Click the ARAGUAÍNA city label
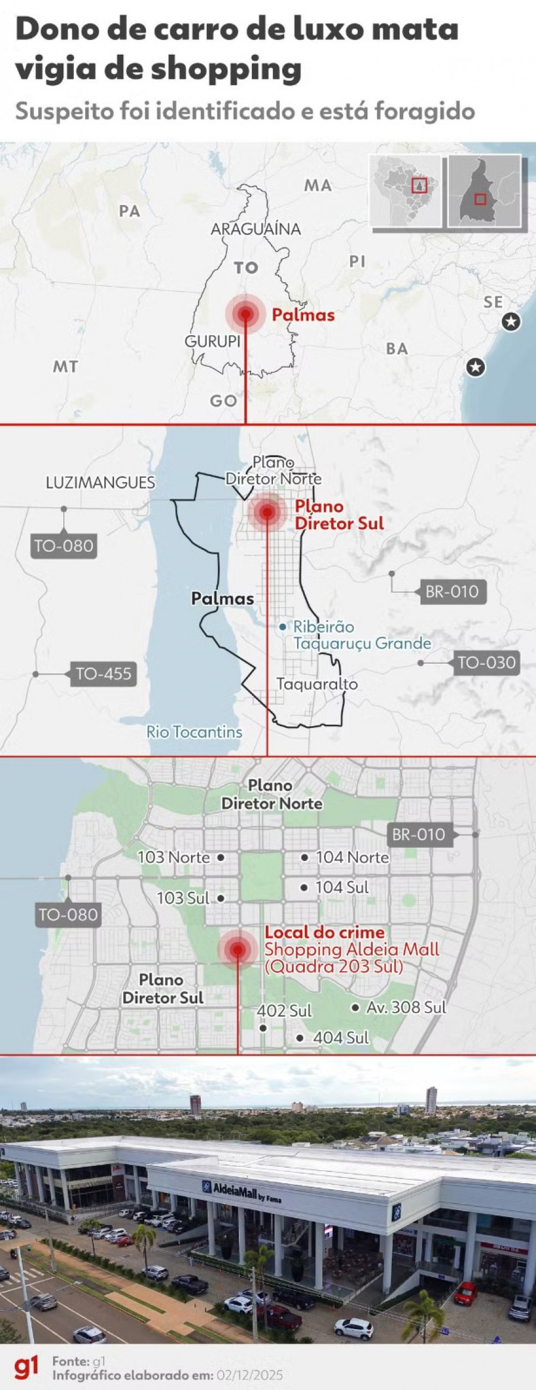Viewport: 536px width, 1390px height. [x=255, y=229]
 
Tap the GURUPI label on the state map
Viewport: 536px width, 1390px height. [x=212, y=341]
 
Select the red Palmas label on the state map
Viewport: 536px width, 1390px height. [x=303, y=315]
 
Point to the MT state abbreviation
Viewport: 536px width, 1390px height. [x=66, y=366]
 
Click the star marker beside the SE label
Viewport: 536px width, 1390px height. [x=510, y=322]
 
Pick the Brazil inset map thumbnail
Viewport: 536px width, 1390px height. [x=406, y=191]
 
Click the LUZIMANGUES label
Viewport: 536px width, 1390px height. [x=100, y=483]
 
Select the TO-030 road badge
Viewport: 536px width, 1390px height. [x=486, y=663]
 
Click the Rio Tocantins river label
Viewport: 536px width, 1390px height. [x=194, y=732]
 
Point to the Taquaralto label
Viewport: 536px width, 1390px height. [x=317, y=684]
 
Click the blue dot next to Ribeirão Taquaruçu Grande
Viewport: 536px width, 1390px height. [x=283, y=627]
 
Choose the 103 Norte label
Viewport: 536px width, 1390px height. [x=173, y=857]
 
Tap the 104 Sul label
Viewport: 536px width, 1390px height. [x=342, y=887]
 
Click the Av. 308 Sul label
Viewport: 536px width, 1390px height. [x=406, y=1007]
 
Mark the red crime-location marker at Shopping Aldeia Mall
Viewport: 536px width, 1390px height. [x=238, y=950]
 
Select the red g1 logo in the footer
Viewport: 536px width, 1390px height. [x=26, y=1367]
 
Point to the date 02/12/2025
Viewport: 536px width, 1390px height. [x=250, y=1375]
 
